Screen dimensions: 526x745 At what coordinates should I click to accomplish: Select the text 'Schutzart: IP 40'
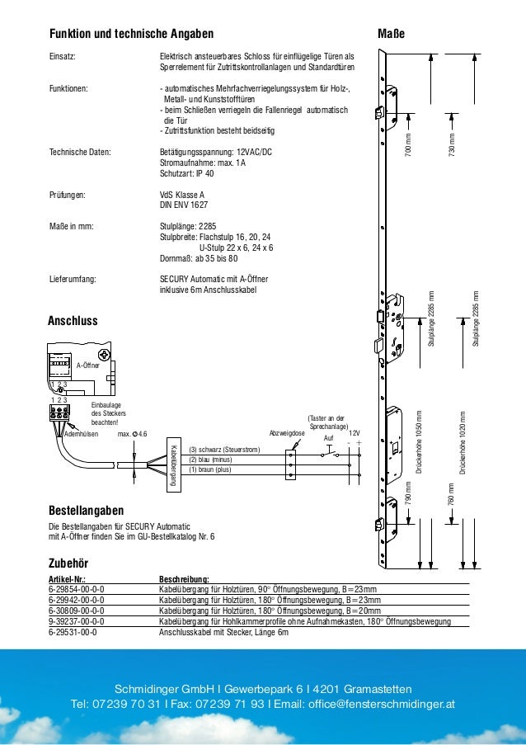click(186, 174)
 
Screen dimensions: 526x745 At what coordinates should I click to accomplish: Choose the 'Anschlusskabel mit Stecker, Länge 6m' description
click(223, 632)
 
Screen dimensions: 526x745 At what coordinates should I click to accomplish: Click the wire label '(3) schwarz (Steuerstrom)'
click(223, 450)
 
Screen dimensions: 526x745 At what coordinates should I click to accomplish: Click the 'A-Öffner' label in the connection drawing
click(87, 364)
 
